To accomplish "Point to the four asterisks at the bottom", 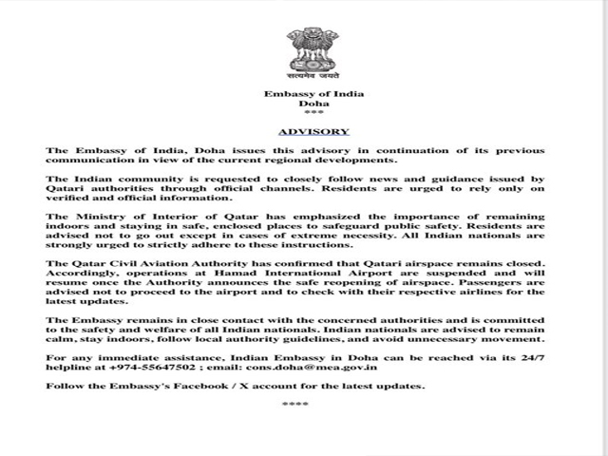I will point(295,405).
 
